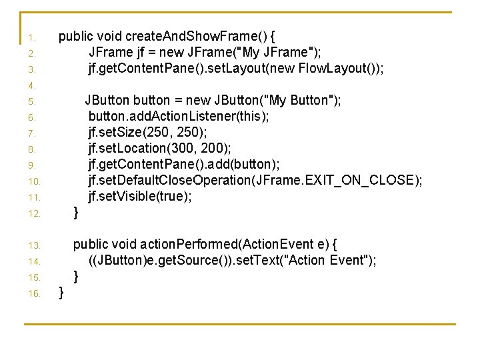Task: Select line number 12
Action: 34,214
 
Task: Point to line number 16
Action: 34,293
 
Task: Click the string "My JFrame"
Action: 277,52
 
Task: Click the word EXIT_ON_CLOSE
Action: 362,181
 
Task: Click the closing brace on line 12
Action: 76,213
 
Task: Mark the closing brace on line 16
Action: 61,292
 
